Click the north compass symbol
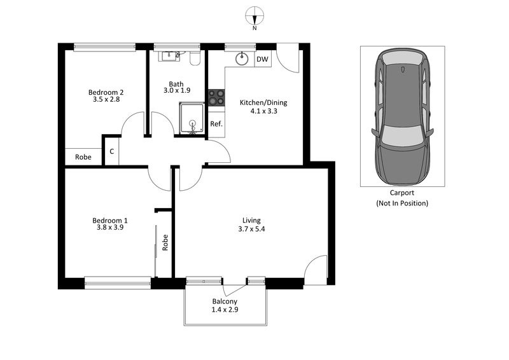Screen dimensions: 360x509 pyautogui.click(x=254, y=16)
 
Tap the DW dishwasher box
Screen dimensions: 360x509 pyautogui.click(x=261, y=60)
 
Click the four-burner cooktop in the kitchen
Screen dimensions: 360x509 pyautogui.click(x=216, y=97)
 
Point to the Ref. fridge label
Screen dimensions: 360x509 pyautogui.click(x=216, y=124)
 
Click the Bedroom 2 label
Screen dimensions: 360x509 pyautogui.click(x=106, y=92)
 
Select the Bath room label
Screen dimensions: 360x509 pyautogui.click(x=176, y=83)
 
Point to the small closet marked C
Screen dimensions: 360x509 pyautogui.click(x=111, y=151)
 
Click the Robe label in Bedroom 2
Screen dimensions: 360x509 pyautogui.click(x=83, y=157)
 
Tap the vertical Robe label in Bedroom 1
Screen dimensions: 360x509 pyautogui.click(x=165, y=242)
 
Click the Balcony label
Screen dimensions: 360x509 pyautogui.click(x=225, y=301)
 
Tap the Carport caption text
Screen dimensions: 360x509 pyautogui.click(x=402, y=193)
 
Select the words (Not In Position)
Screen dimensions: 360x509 pyautogui.click(x=402, y=204)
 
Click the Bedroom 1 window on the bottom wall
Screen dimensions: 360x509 pyautogui.click(x=118, y=279)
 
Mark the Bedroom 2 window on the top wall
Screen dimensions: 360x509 pyautogui.click(x=105, y=46)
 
